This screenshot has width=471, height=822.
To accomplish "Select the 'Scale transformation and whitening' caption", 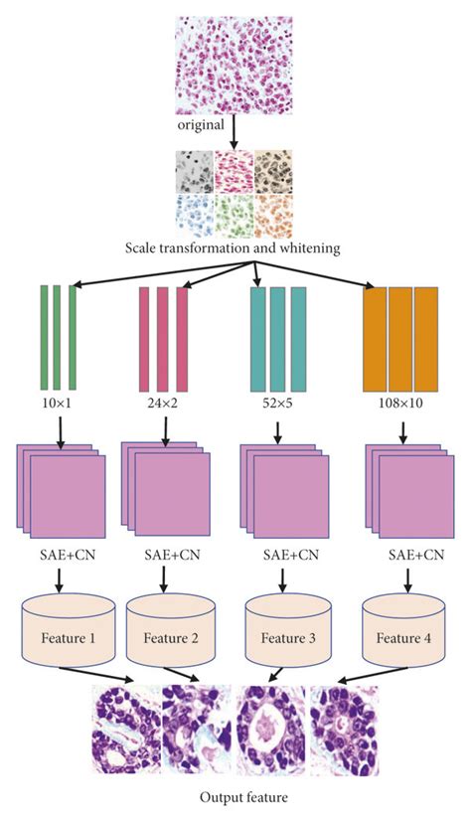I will (x=235, y=246).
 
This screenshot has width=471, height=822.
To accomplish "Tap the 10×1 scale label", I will (x=59, y=408).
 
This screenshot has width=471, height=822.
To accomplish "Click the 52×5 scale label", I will (x=277, y=408).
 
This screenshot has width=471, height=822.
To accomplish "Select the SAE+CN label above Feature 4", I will (x=402, y=554).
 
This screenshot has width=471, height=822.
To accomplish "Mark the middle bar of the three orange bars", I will (x=400, y=338).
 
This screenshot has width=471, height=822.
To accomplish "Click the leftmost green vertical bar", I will (x=44, y=338).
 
